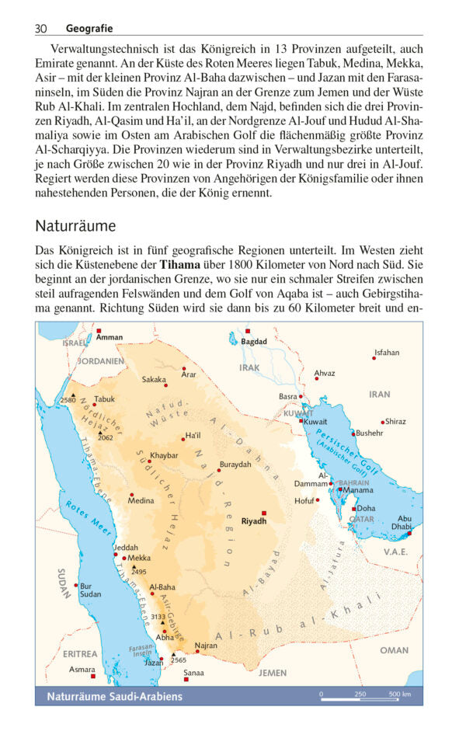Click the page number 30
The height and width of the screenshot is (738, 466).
point(41,29)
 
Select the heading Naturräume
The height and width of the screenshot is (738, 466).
point(75,226)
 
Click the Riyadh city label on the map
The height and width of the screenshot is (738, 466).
point(254,521)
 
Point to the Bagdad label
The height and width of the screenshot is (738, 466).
point(253,341)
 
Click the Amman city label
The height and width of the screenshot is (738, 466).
point(110,337)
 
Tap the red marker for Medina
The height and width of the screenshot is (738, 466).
point(131,495)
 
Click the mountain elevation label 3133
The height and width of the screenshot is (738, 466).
point(158,617)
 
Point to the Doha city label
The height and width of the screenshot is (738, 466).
point(366,508)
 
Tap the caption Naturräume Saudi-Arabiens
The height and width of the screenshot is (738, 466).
point(114,696)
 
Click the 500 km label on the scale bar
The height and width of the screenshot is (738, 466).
point(400,694)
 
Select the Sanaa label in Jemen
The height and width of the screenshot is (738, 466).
point(193,673)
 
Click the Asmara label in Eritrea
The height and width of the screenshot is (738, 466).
point(82,669)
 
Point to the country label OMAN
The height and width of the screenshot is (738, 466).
point(394,650)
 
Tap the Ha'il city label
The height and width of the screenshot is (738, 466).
point(193,436)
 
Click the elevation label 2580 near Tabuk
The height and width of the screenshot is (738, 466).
point(68,401)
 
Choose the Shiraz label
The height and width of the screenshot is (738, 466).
point(395,421)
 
